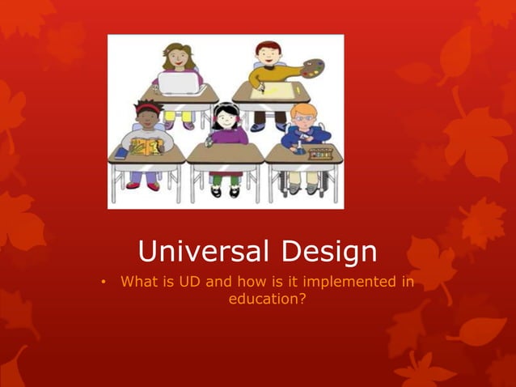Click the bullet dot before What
(104, 283)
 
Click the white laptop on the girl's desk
(177, 83)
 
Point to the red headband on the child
(148, 105)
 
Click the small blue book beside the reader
(121, 152)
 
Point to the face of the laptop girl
(177, 58)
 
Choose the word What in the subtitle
(137, 282)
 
